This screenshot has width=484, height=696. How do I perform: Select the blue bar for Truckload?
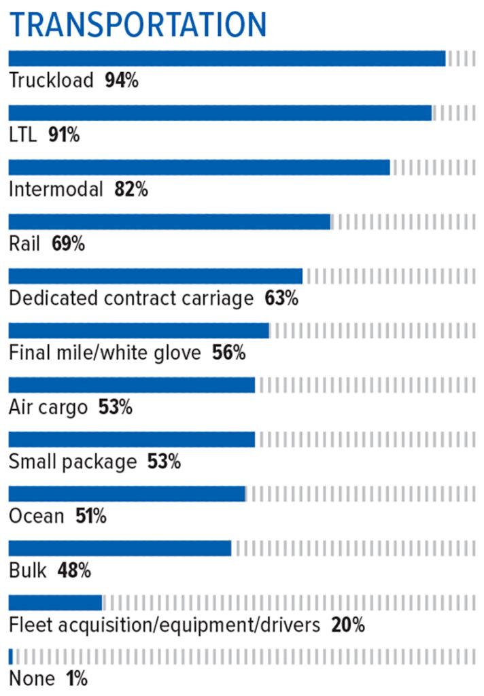226,58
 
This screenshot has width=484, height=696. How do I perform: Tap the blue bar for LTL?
220,113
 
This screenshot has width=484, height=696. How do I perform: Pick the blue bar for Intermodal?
198,167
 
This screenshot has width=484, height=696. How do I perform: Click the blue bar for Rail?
169,222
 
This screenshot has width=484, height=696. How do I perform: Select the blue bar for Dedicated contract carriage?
155,276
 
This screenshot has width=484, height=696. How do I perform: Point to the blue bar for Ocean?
126,493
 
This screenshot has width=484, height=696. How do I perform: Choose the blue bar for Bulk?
120,548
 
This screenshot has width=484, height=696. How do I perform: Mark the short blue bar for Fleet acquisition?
55,602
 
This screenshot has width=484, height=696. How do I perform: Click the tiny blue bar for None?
11,657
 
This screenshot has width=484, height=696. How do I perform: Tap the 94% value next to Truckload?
122,81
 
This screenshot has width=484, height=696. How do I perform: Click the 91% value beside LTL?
64,135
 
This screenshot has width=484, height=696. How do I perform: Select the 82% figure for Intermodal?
131,190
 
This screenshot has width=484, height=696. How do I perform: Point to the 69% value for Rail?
68,244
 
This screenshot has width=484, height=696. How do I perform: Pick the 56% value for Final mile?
228,353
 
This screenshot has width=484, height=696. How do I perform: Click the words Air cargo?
48,408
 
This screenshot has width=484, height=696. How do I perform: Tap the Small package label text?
72,462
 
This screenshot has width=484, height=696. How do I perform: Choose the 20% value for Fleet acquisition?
348,625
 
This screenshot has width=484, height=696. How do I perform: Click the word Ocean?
36,517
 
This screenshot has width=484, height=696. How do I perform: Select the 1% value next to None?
77,679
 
